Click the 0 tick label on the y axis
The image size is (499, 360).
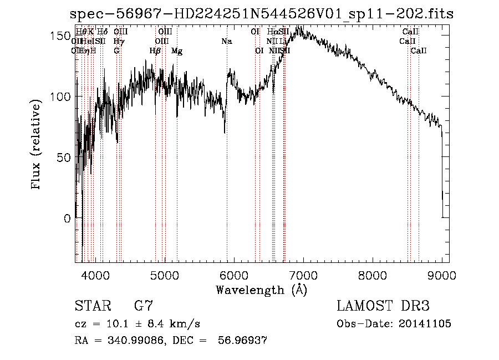[x=67, y=219]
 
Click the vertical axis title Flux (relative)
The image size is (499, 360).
[x=37, y=145]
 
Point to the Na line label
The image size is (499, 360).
[x=227, y=41]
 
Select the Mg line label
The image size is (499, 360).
[x=177, y=51]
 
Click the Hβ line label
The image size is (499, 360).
[x=155, y=51]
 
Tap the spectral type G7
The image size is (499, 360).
[x=144, y=306]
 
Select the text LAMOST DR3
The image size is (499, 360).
[x=383, y=306]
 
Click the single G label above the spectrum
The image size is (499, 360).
[x=116, y=51]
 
